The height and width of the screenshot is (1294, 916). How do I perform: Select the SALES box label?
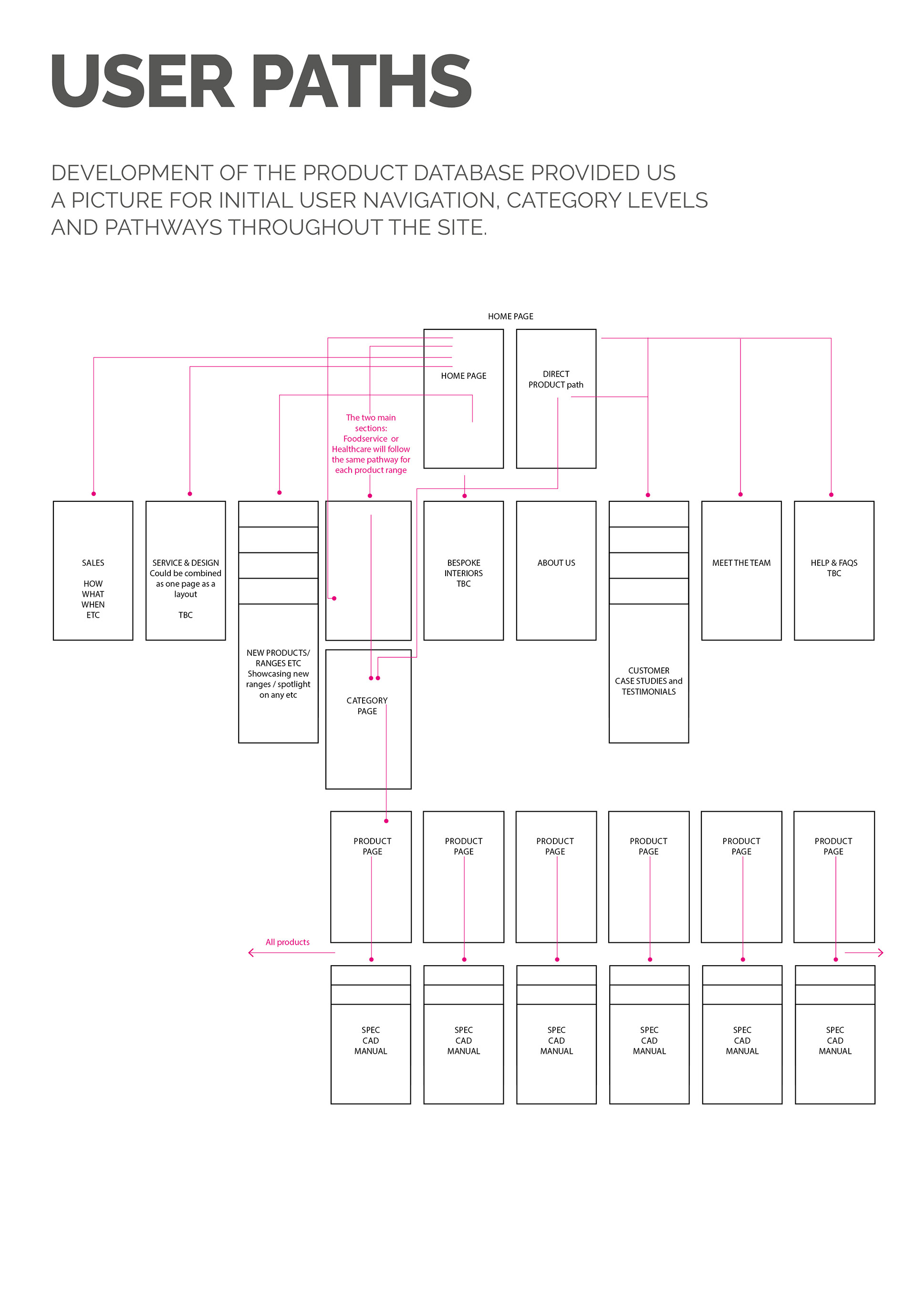coord(93,563)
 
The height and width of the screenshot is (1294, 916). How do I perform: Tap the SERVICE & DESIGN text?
coord(186,563)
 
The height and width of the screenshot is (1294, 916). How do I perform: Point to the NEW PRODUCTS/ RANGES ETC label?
coord(278,658)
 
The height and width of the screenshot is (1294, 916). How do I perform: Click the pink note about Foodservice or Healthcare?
coord(371,444)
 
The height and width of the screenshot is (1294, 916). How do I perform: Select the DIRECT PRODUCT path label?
coord(556,379)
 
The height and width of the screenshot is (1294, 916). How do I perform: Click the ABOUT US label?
coord(556,563)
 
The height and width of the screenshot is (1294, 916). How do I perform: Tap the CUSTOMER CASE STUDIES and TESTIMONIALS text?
coord(649,681)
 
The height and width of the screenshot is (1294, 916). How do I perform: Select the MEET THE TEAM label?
coord(741,563)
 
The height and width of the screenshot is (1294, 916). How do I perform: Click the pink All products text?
coord(288,942)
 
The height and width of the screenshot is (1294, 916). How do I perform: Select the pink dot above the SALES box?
coord(94,494)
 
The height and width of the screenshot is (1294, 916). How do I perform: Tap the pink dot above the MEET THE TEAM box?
coord(740,494)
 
